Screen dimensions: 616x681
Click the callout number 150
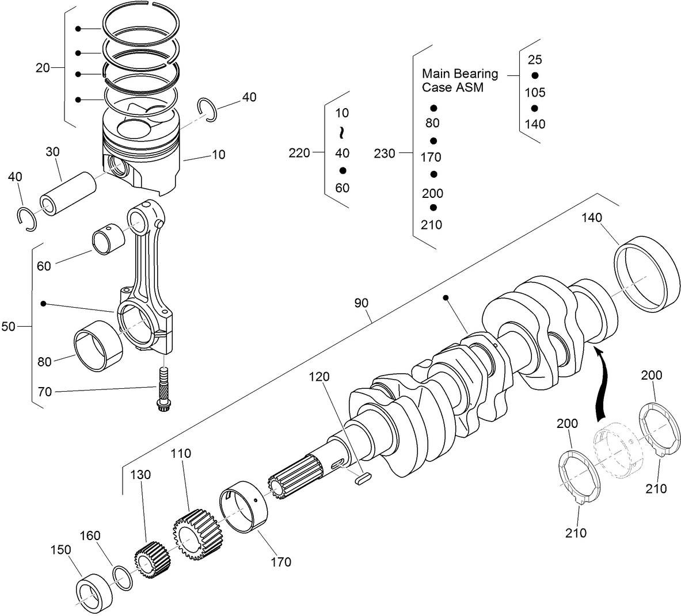coord(60,549)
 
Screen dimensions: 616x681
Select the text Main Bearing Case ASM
coord(459,81)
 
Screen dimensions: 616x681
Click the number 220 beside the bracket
coord(299,152)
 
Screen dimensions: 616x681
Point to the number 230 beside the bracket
coord(385,154)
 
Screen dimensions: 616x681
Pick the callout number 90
coord(361,303)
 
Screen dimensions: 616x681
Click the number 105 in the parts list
coord(535,93)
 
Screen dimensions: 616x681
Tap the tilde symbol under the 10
coord(341,133)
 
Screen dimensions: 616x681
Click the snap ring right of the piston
coord(206,109)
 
